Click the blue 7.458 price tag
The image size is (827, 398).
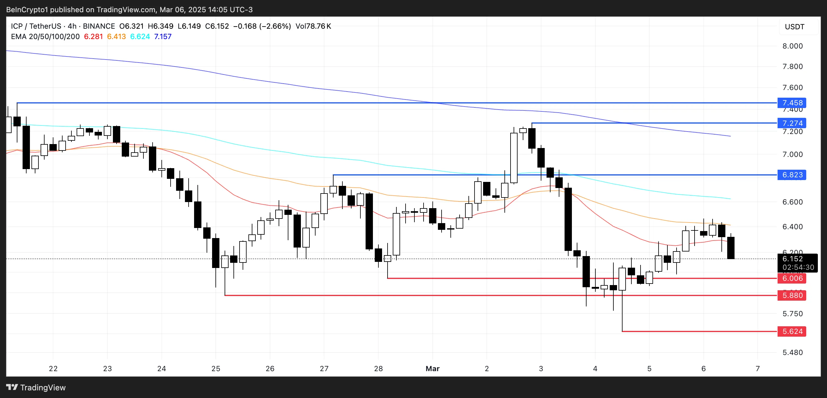tap(792, 103)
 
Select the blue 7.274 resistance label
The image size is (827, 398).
tap(792, 123)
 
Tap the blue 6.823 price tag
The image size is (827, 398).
tap(792, 175)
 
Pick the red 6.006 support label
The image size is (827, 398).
tap(792, 278)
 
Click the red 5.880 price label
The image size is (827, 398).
tap(792, 295)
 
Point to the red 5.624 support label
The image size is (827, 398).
tap(792, 331)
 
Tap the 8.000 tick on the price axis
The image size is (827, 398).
tap(792, 46)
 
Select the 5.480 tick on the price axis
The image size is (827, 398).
tap(792, 353)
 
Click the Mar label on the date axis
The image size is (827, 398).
tap(432, 368)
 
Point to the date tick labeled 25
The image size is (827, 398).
tap(216, 368)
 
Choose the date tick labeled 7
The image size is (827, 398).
tap(758, 368)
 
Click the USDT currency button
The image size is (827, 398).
tap(795, 27)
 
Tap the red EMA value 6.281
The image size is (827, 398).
tap(93, 37)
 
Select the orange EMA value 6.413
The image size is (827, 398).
tap(117, 37)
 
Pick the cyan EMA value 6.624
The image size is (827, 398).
tap(140, 37)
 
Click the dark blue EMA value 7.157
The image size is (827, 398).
tap(163, 37)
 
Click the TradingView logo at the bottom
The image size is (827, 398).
tap(36, 387)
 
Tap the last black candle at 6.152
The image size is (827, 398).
tap(731, 248)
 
